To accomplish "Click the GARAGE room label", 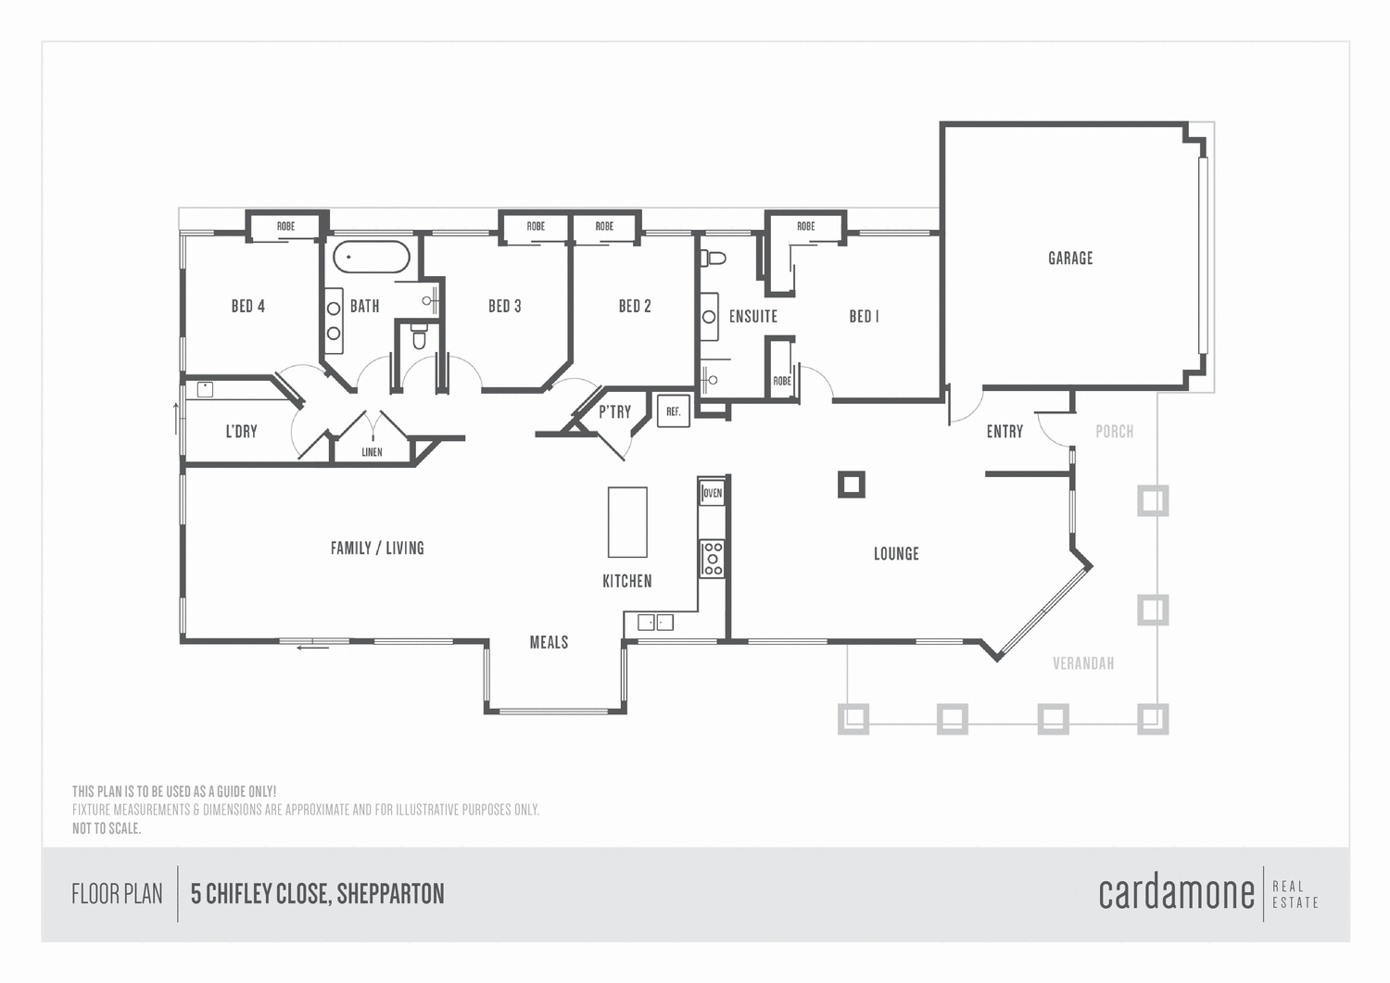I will click(x=1070, y=258).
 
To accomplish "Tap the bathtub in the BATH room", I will click(x=371, y=258).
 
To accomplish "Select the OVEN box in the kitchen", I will click(x=712, y=493).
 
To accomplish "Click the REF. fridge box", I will click(x=674, y=411).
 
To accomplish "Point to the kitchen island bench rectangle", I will click(x=627, y=522).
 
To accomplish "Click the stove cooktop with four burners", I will click(x=712, y=559).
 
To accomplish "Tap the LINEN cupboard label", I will click(x=372, y=452).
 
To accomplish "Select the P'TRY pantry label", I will click(x=614, y=412).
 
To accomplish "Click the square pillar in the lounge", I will click(x=851, y=484).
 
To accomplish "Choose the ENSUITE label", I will click(x=752, y=317).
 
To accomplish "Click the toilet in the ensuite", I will click(x=714, y=258).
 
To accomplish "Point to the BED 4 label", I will click(x=248, y=306).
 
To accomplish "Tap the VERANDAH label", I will click(x=1083, y=663).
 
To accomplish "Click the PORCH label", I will click(x=1114, y=432).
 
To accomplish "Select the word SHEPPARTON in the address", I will click(x=390, y=894).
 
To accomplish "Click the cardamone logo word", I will click(x=1176, y=893).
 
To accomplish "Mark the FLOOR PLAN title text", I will click(x=117, y=894).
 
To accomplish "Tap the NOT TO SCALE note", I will click(x=107, y=828).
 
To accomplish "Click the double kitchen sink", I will click(x=655, y=623).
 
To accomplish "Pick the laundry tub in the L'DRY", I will click(x=205, y=390).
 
